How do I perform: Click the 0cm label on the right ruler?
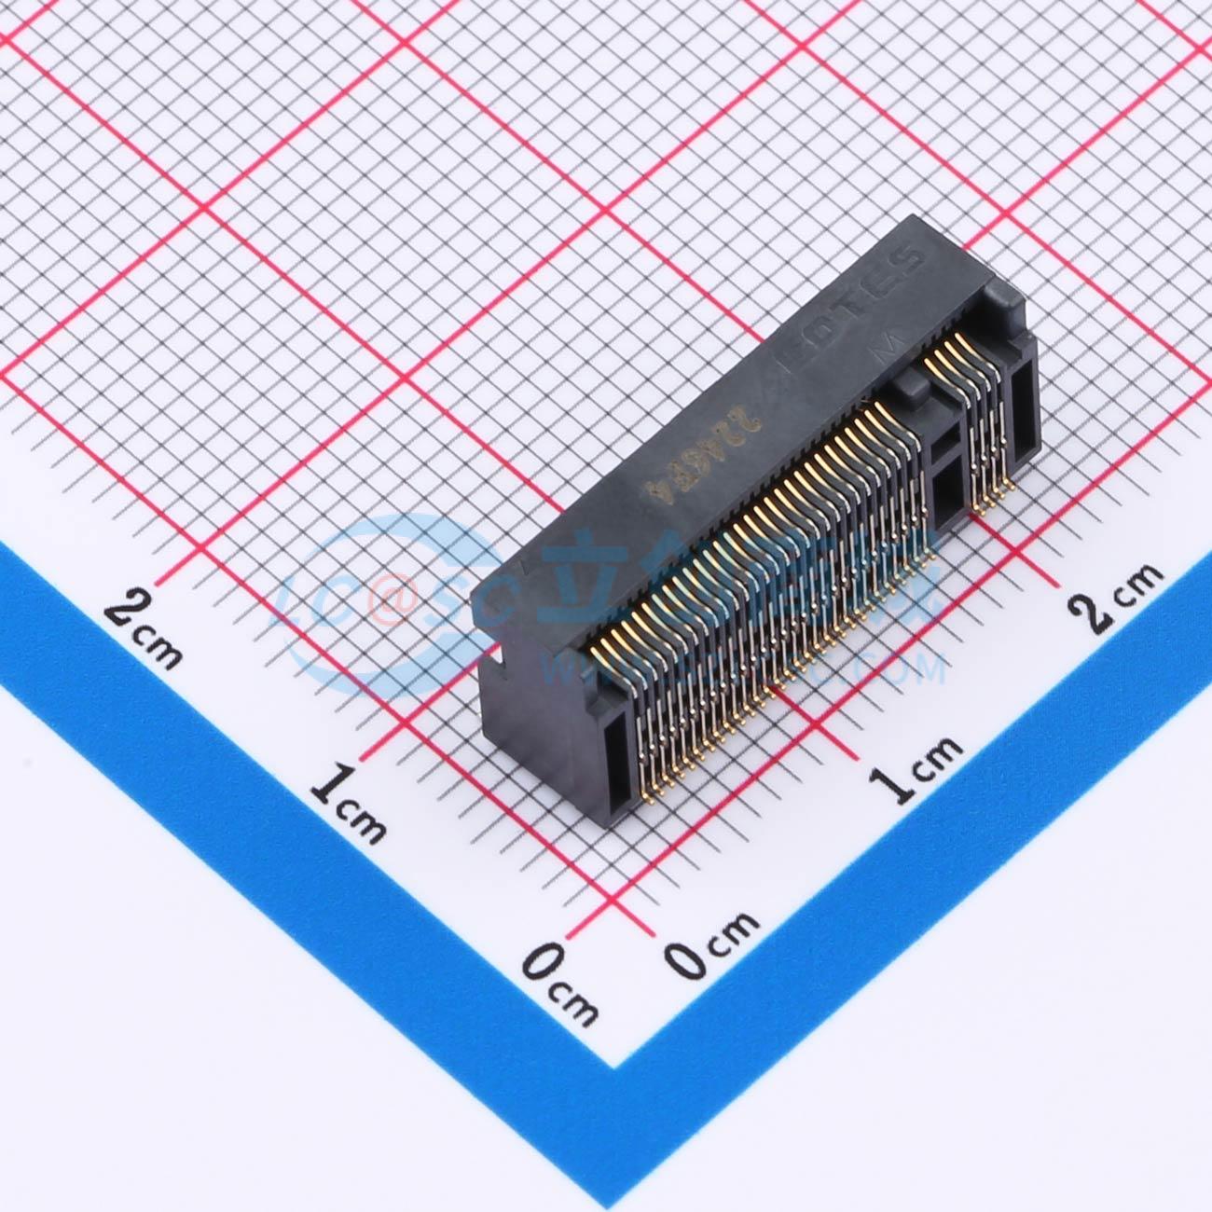712,942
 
